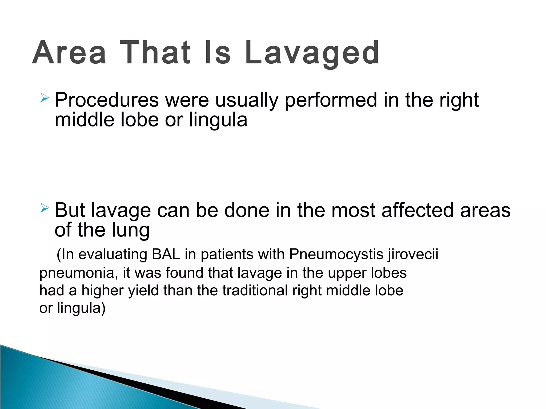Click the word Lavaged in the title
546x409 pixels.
click(312, 53)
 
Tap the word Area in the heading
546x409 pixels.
click(69, 53)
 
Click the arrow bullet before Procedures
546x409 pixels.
click(44, 98)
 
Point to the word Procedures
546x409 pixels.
click(107, 100)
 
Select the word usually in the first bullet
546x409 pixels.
click(247, 100)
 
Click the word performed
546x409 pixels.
click(331, 100)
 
